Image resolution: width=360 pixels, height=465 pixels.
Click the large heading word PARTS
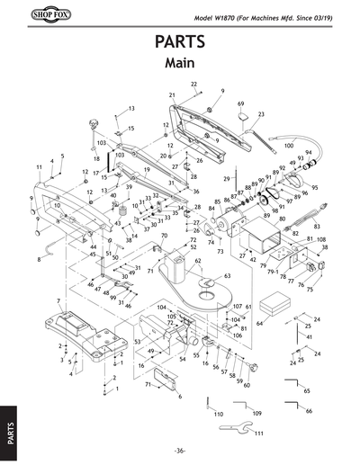(180, 42)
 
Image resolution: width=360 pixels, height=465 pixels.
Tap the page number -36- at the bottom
(180, 451)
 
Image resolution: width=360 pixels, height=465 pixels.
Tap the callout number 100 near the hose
(288, 144)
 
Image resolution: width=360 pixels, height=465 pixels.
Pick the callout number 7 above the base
(58, 300)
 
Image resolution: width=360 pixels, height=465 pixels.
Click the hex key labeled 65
(293, 387)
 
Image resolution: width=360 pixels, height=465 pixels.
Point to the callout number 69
(241, 104)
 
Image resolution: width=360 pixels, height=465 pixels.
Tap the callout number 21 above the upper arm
(171, 94)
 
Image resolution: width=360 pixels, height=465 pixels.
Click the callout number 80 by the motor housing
(282, 218)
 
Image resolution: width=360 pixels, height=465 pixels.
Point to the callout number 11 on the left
(39, 167)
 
